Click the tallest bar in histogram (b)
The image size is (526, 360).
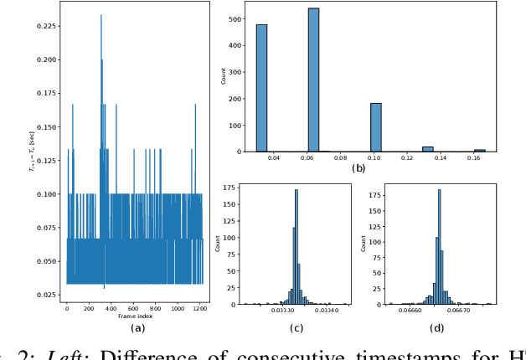(x=313, y=80)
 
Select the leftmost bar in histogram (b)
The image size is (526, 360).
(x=261, y=88)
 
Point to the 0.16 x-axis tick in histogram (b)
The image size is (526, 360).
(x=478, y=158)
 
